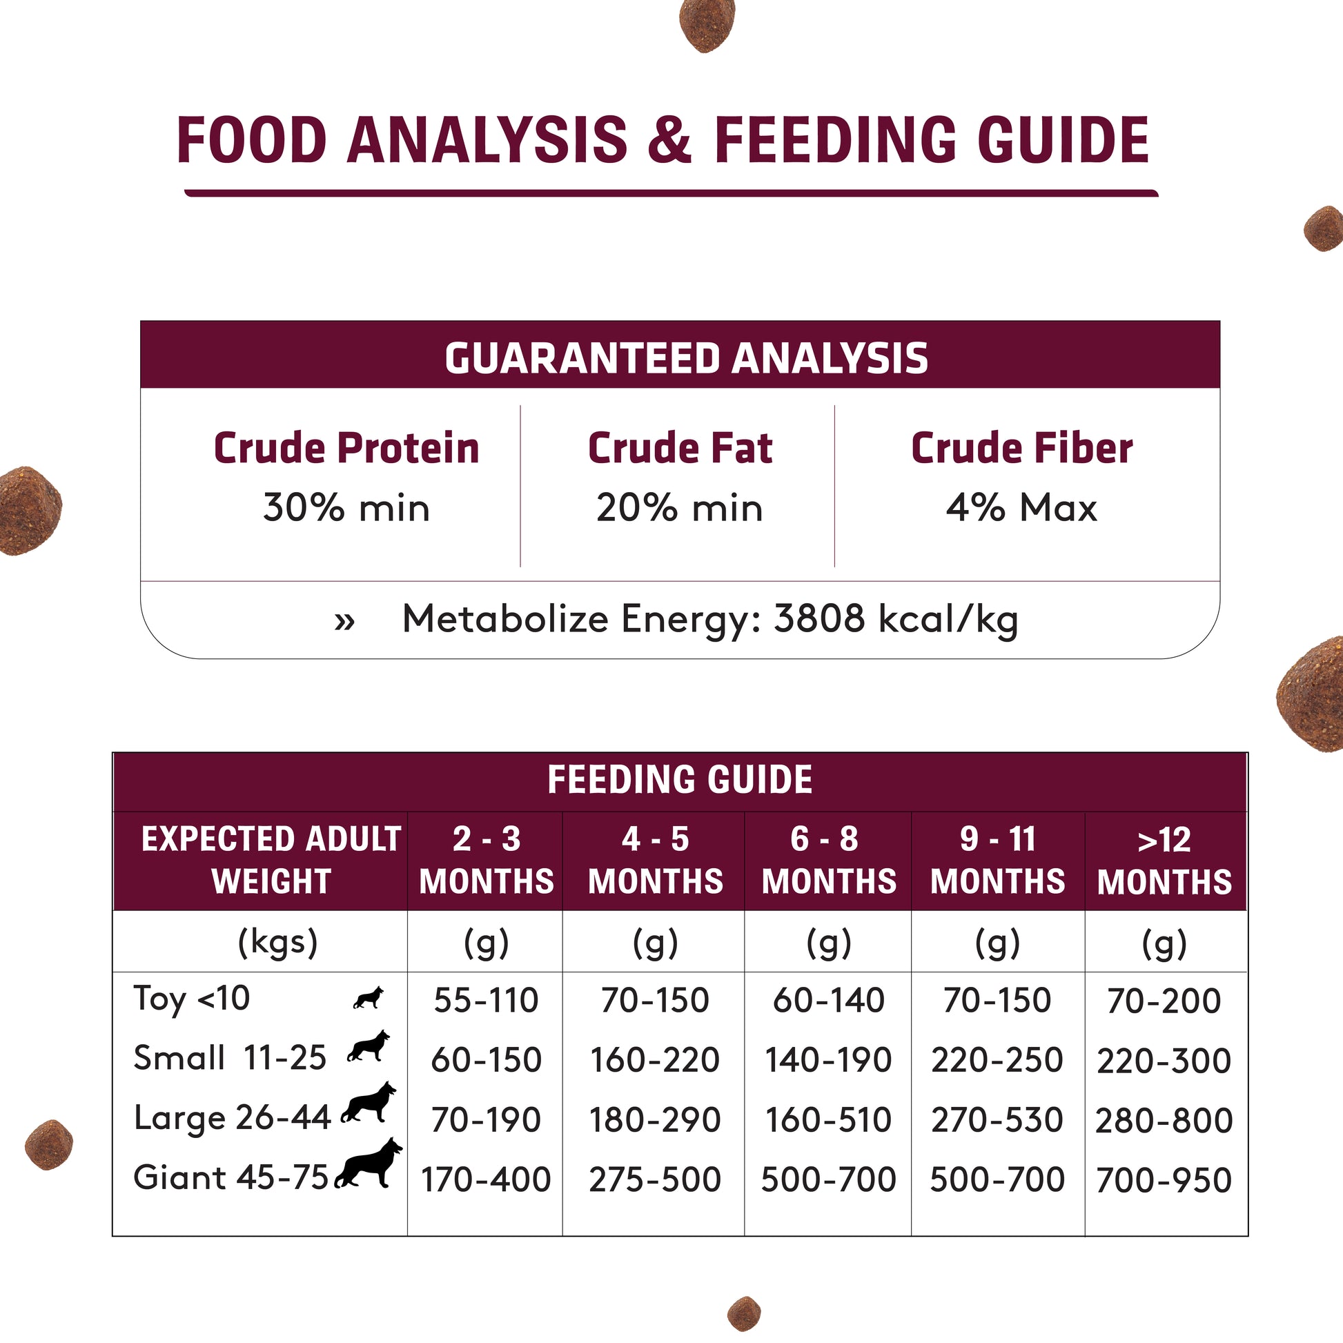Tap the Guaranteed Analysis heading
[x=686, y=358]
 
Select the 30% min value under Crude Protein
[x=346, y=507]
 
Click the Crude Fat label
[x=680, y=448]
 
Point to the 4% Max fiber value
[x=1021, y=507]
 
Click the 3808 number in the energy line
[x=820, y=618]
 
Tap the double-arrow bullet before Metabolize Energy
[x=345, y=620]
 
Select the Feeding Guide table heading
[x=680, y=779]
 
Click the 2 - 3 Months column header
[x=486, y=860]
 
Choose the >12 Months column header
[x=1164, y=861]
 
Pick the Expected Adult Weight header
[x=271, y=860]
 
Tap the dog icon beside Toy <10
[x=369, y=997]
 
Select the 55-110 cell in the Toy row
[x=486, y=1000]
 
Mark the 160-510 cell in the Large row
[x=828, y=1120]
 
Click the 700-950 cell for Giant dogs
[x=1164, y=1180]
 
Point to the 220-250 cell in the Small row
[x=997, y=1060]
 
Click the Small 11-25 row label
[x=229, y=1058]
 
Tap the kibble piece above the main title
[x=707, y=25]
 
